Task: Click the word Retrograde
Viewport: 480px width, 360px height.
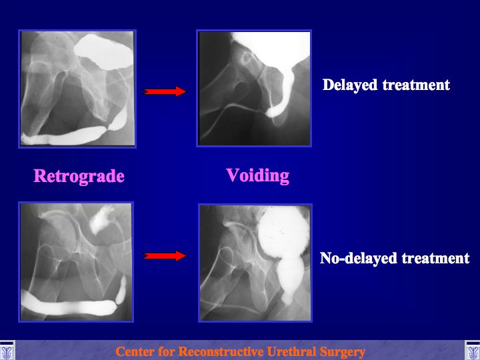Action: pos(79,176)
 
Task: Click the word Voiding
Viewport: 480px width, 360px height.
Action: pos(258,176)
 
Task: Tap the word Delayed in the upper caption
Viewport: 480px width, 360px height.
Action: pos(350,85)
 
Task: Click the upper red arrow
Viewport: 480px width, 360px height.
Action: pos(165,91)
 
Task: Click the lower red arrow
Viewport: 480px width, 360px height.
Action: pos(165,255)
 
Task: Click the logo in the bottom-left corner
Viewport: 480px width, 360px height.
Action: pos(7,350)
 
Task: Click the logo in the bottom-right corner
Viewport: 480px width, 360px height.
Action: pos(473,350)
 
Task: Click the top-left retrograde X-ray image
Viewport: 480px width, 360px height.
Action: pos(77,89)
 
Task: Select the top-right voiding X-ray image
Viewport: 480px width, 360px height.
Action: pos(254,88)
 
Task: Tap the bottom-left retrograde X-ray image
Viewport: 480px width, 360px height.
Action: pos(76,262)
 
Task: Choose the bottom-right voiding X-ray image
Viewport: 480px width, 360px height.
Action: pos(255,263)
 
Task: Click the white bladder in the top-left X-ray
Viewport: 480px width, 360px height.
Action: pos(104,51)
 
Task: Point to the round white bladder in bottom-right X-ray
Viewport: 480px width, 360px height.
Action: pos(283,231)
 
